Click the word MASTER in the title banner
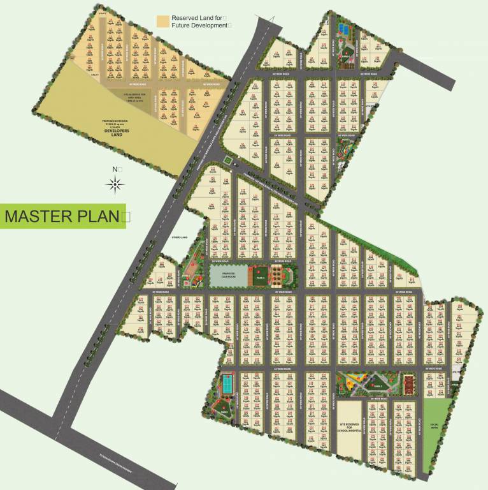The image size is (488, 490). coord(38,216)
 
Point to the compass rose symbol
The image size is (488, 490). coord(115,185)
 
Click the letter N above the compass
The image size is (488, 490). coord(114,170)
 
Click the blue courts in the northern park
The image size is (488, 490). coord(344,29)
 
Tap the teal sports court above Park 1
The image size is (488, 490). coord(226,384)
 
